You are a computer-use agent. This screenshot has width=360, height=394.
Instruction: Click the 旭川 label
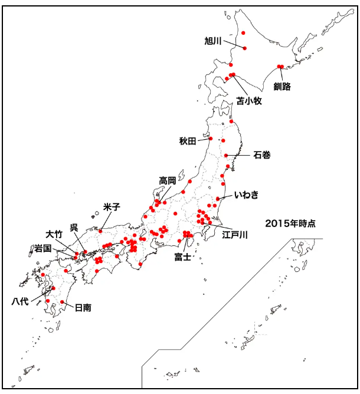[212, 41]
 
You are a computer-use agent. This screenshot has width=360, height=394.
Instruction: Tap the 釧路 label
[282, 86]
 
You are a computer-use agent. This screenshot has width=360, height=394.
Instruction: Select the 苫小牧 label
[249, 101]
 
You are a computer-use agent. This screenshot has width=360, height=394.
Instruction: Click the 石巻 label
[262, 155]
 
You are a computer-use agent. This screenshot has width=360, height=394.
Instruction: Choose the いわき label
[246, 195]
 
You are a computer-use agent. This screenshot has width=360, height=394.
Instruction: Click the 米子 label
[112, 206]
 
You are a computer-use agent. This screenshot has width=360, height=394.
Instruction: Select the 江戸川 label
[234, 235]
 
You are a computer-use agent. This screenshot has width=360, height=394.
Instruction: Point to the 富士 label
[182, 257]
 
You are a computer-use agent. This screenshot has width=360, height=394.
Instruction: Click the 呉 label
[74, 228]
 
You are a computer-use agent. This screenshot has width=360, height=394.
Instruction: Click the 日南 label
[83, 307]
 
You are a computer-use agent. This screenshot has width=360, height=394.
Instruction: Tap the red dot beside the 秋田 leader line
[210, 140]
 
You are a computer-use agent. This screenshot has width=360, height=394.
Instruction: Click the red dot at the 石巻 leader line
[227, 155]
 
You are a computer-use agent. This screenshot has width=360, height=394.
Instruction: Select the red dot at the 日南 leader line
[63, 302]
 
